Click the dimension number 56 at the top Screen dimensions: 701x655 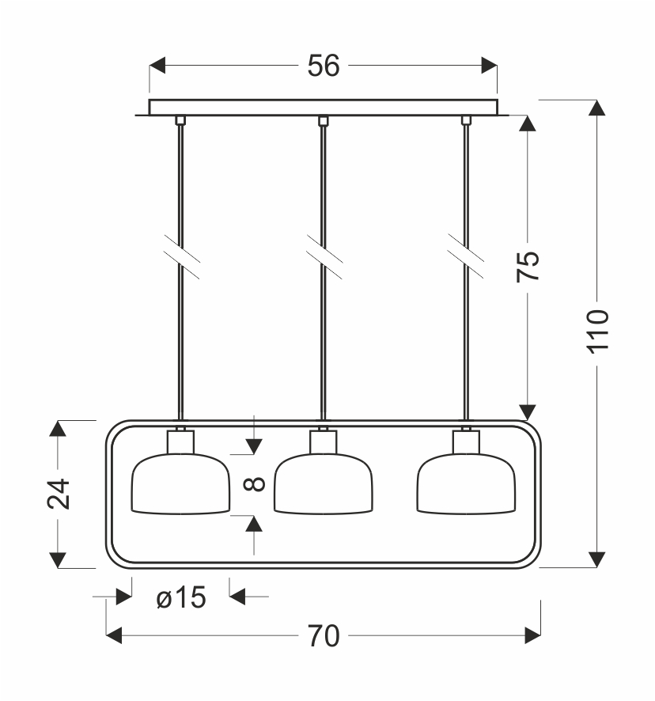click(323, 66)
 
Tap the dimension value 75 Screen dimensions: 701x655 click(528, 267)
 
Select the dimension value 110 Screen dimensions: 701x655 click(598, 331)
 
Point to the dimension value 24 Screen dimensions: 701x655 click(58, 494)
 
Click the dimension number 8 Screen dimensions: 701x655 click(253, 483)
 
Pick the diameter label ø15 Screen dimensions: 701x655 click(181, 599)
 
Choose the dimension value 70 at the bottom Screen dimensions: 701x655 click(323, 636)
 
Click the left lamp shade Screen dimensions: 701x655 click(180, 484)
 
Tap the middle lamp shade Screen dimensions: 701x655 click(323, 484)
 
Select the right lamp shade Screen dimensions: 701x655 click(466, 484)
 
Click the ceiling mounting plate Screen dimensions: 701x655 click(323, 108)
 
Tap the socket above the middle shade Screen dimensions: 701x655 click(323, 441)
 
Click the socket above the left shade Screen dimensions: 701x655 click(180, 441)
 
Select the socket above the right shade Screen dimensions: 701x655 click(466, 441)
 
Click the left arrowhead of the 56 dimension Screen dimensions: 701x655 click(157, 66)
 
